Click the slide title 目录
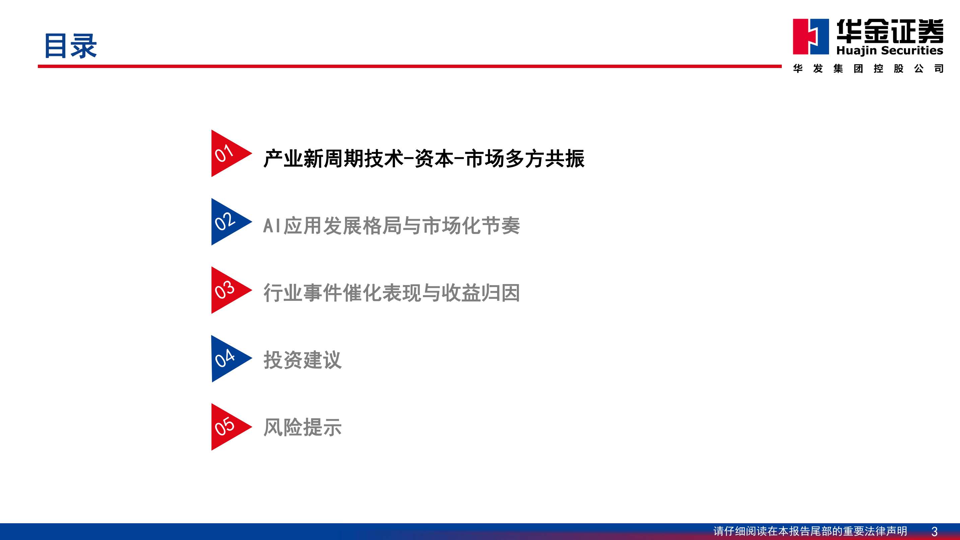point(70,46)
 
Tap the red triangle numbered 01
point(227,153)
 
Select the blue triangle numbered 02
point(227,222)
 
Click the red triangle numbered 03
point(227,290)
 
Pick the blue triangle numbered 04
point(227,358)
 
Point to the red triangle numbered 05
point(227,427)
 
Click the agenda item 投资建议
point(302,360)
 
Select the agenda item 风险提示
point(302,427)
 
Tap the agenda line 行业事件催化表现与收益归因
point(392,292)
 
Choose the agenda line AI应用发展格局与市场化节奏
point(392,225)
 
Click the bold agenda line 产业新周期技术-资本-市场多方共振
point(424,159)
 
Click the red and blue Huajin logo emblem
point(811,37)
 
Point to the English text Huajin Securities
point(890,50)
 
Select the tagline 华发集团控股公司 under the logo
point(868,69)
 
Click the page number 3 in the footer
point(934,531)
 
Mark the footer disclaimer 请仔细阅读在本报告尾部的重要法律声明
point(810,531)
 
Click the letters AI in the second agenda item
point(272,225)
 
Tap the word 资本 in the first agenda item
point(434,159)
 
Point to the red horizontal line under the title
point(410,66)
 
